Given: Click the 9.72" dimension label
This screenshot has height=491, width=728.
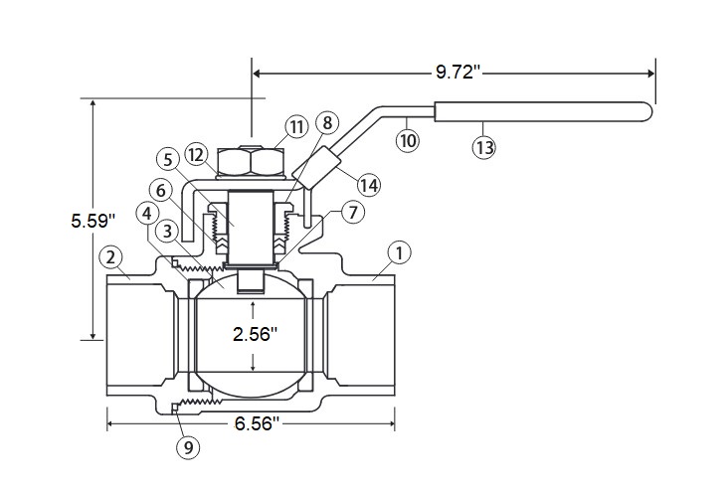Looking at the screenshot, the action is click(x=457, y=73).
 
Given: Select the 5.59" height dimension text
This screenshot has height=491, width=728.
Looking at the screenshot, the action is click(x=92, y=221).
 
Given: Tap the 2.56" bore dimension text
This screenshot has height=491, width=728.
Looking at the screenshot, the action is click(x=255, y=334).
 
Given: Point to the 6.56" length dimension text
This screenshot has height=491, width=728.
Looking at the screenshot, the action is click(x=257, y=423).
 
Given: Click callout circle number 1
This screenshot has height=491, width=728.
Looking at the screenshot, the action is click(x=399, y=253).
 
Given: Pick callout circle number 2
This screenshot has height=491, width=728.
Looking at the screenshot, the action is click(x=110, y=257).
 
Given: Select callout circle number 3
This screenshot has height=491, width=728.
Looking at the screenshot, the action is click(x=167, y=232).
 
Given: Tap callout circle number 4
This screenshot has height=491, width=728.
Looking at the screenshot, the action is click(x=147, y=214).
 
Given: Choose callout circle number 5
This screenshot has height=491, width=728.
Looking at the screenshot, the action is click(x=168, y=160).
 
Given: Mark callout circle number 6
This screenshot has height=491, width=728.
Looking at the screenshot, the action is click(x=161, y=190).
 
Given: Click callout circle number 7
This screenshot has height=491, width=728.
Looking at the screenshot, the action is click(x=353, y=212).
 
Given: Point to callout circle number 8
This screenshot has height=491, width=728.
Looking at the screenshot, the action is click(x=327, y=123).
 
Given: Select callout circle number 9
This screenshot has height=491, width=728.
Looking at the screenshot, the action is click(x=188, y=447).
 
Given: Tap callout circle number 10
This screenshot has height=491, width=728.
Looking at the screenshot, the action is click(x=408, y=140).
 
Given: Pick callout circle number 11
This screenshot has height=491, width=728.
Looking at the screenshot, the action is click(x=296, y=126).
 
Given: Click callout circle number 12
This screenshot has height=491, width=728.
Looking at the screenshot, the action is click(x=196, y=155).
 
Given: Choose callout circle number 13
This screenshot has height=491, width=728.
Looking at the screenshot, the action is click(x=484, y=147).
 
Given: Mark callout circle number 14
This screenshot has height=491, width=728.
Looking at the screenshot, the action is click(x=369, y=185).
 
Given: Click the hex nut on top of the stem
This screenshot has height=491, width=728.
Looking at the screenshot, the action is click(x=251, y=161).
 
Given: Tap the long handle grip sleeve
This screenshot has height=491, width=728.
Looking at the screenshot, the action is click(x=543, y=112).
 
